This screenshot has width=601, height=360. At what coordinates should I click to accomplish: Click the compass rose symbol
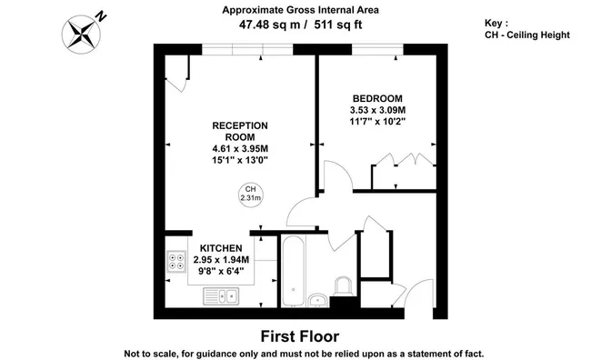[x=81, y=35]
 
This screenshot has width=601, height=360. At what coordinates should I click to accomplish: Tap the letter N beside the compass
[x=101, y=16]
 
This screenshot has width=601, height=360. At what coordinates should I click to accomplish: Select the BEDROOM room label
[x=377, y=98]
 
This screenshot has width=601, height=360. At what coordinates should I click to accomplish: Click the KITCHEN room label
[x=221, y=248]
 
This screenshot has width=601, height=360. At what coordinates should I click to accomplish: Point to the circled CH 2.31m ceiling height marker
[x=251, y=194]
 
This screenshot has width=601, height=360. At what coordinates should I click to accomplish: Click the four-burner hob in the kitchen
[x=176, y=262]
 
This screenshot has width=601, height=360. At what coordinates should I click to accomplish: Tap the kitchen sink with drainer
[x=221, y=296]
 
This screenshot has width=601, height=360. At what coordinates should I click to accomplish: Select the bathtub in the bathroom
[x=293, y=271]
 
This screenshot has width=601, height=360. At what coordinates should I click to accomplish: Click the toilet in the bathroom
[x=344, y=286]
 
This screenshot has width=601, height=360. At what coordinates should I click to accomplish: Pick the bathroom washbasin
[x=317, y=300]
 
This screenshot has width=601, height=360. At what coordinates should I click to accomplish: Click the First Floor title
[x=300, y=336]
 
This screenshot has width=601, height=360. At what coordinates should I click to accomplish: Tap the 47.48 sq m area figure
[x=270, y=25]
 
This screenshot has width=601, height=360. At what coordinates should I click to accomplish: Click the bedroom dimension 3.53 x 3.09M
[x=377, y=110]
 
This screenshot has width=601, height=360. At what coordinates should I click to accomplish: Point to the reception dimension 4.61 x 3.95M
[x=240, y=148]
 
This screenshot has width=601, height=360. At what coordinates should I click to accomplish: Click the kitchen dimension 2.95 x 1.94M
[x=221, y=260]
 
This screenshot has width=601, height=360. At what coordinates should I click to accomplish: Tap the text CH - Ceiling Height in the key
[x=527, y=35]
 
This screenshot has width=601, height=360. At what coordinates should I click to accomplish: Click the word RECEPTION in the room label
[x=240, y=125]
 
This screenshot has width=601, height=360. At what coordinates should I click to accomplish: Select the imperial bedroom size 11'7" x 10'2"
[x=377, y=122]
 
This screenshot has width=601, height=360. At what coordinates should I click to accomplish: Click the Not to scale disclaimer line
[x=304, y=354]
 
